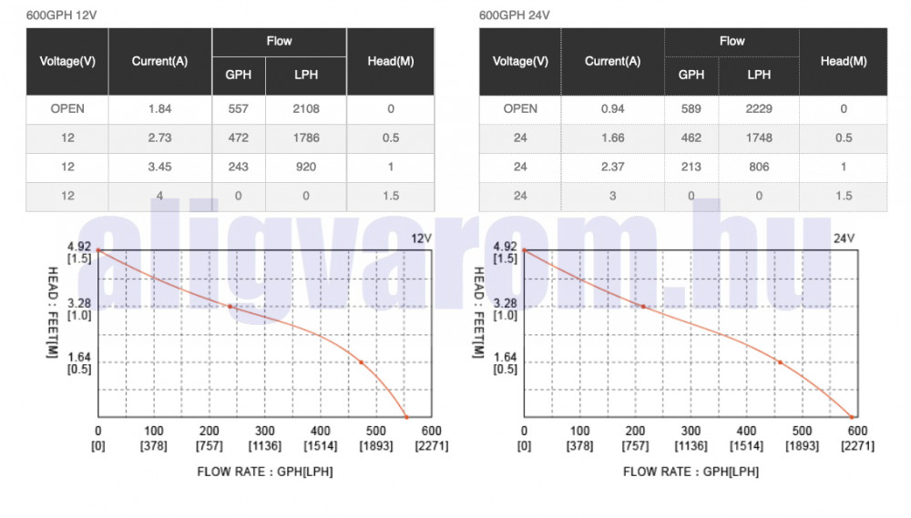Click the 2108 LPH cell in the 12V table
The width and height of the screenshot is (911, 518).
[306, 109]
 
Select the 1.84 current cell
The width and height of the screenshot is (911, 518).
[159, 109]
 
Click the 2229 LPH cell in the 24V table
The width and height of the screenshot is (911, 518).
[759, 108]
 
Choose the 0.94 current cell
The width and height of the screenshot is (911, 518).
[612, 108]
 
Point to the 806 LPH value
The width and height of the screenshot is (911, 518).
[759, 168]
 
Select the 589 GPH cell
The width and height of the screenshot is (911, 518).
[691, 108]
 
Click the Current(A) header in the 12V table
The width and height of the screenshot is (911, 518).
[159, 62]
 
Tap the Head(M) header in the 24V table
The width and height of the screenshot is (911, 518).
[843, 62]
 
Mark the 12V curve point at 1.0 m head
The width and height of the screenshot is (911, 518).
[230, 307]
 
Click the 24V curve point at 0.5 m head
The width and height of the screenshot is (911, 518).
[780, 362]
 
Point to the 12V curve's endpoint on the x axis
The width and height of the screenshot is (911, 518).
[406, 418]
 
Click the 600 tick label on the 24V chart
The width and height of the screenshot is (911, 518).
[856, 432]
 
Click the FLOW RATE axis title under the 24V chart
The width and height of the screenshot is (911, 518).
[691, 472]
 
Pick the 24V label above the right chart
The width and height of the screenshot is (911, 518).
[844, 239]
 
